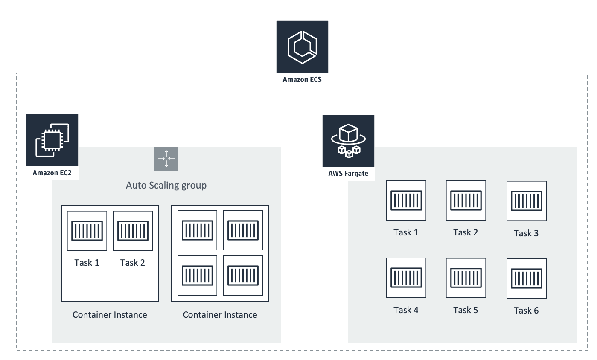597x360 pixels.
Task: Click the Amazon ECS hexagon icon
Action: tap(302, 46)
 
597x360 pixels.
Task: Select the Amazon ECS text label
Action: tap(302, 79)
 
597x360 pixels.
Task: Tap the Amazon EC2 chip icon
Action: tap(52, 140)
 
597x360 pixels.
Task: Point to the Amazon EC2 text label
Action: tap(52, 173)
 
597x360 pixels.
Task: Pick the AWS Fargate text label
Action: tap(348, 174)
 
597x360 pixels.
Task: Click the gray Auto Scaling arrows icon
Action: tap(166, 159)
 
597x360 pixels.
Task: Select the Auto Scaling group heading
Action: tap(166, 185)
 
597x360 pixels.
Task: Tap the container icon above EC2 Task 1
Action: tap(87, 231)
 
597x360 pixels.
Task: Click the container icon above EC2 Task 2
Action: tap(133, 231)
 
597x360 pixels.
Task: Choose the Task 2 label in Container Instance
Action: tap(133, 263)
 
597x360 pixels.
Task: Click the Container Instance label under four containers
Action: tap(220, 315)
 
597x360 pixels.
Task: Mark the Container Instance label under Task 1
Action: tap(110, 315)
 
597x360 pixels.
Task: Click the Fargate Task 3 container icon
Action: tap(526, 200)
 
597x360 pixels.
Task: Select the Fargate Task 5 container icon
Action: tap(466, 278)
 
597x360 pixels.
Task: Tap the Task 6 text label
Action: tap(526, 311)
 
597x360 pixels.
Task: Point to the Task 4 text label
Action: tap(406, 310)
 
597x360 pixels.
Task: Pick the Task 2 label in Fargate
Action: tap(466, 232)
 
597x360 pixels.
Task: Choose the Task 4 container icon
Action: tap(406, 278)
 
